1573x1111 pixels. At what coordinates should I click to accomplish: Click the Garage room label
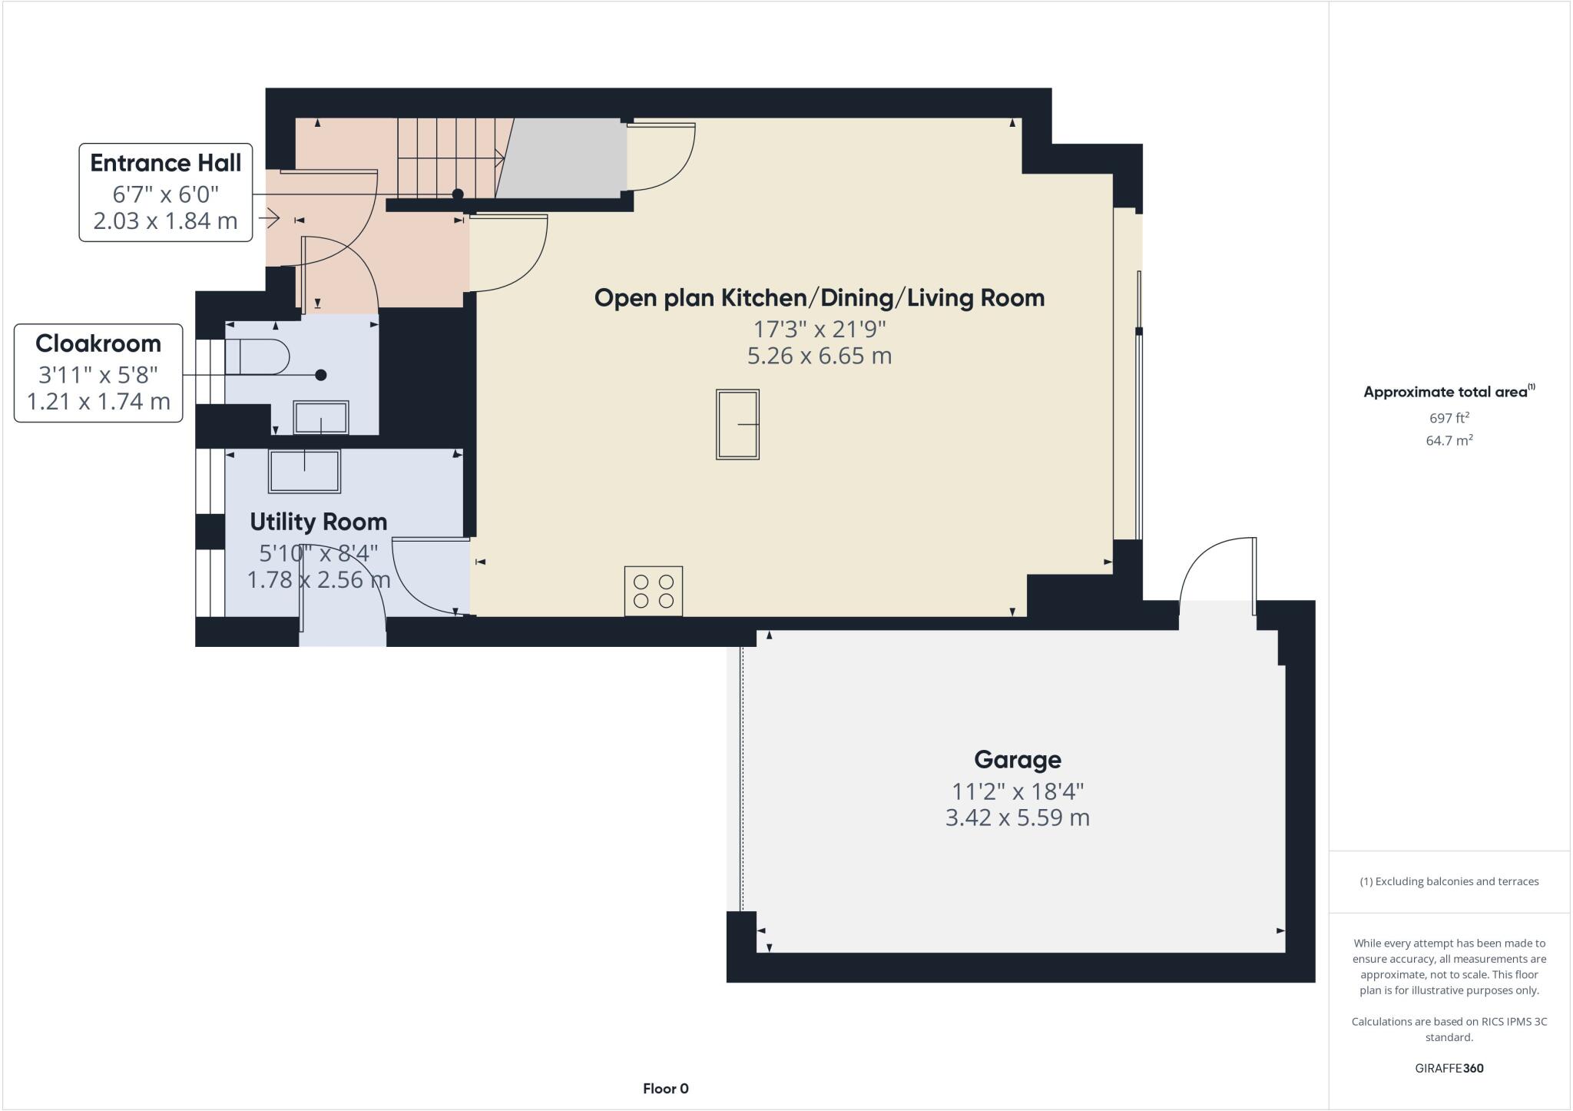click(x=1017, y=759)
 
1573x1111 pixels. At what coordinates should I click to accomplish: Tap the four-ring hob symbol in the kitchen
click(x=653, y=591)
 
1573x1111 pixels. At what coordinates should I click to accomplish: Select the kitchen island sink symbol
click(x=737, y=424)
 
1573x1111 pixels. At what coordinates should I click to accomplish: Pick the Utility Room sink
click(x=304, y=470)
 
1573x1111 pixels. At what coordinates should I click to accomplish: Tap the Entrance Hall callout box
click(x=166, y=192)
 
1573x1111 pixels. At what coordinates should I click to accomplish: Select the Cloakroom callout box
click(x=98, y=373)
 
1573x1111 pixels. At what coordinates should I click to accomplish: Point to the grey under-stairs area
click(x=565, y=158)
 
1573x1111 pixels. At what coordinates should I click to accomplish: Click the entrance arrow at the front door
click(x=269, y=220)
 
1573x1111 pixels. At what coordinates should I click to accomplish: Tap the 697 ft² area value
click(x=1449, y=418)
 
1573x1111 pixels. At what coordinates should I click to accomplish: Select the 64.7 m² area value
click(x=1449, y=440)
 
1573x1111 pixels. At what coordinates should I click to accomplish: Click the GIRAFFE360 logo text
click(x=1449, y=1068)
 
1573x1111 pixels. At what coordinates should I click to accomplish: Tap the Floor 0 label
click(x=665, y=1088)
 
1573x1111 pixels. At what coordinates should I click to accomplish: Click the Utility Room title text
click(x=318, y=522)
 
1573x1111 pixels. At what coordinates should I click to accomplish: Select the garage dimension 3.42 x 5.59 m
click(x=1017, y=817)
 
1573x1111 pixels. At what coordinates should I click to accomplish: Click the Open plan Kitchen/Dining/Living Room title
click(x=819, y=298)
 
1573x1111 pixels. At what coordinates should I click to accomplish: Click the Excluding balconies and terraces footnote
click(x=1449, y=881)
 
